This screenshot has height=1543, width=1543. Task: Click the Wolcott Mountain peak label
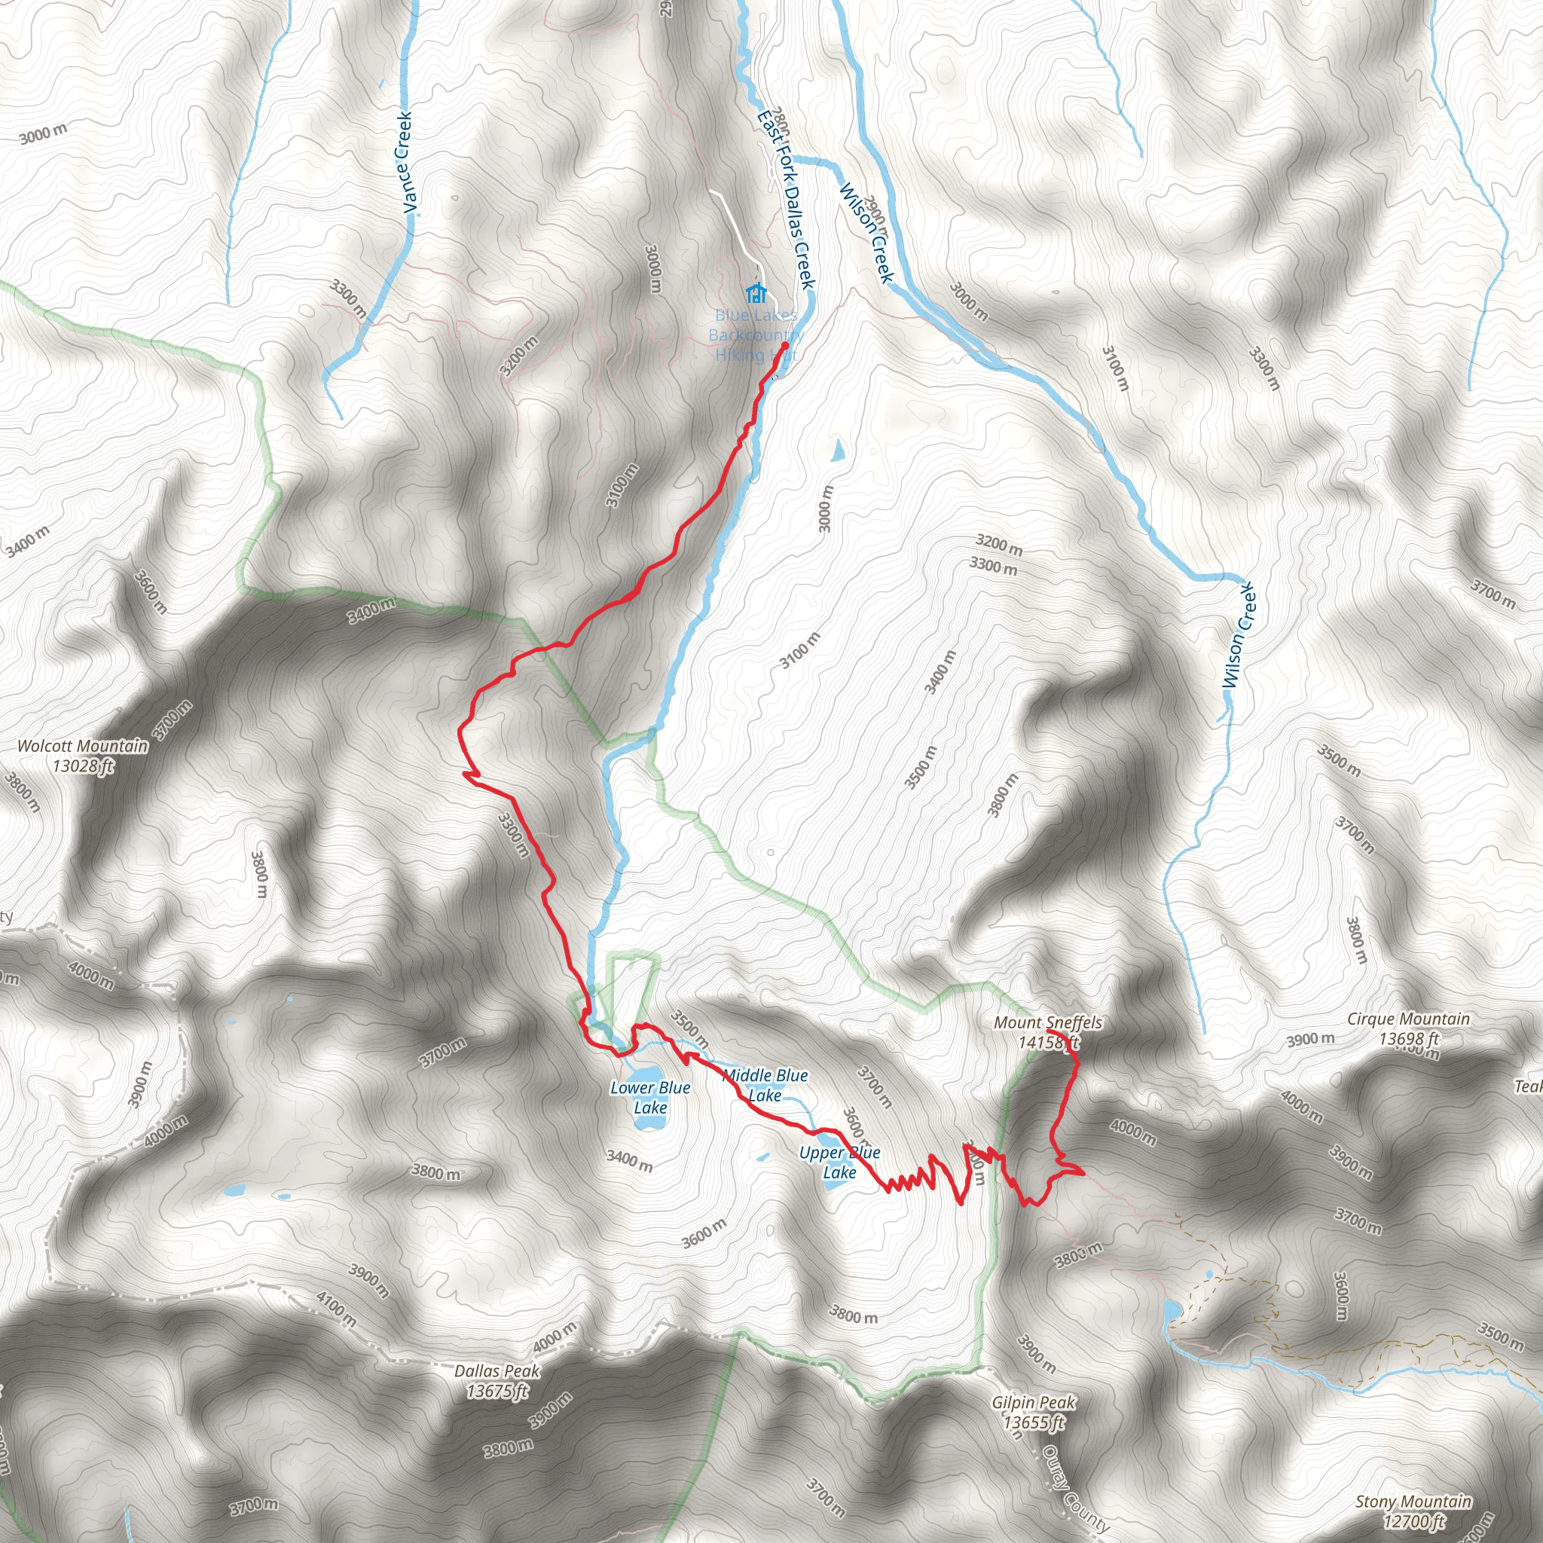[83, 746]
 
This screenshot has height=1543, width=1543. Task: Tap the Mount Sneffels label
[1048, 1022]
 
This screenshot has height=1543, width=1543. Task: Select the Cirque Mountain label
[1408, 1019]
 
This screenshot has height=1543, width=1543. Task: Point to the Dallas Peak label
[497, 1371]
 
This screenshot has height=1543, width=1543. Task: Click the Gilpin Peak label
[1034, 1402]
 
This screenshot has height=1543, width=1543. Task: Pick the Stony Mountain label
[1413, 1502]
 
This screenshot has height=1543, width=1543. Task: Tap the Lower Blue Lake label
[650, 1097]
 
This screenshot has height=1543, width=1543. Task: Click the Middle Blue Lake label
[765, 1086]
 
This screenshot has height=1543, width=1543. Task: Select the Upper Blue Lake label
[839, 1162]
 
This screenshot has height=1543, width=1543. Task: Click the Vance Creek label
[407, 163]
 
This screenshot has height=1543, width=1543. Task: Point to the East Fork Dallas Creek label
[786, 200]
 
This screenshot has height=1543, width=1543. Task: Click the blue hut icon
[756, 292]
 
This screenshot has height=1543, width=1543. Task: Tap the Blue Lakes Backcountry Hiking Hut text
[755, 335]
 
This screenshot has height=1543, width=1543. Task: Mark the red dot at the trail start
[785, 346]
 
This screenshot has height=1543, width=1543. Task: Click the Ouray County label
[1075, 1490]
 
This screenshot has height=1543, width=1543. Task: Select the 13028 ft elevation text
[83, 766]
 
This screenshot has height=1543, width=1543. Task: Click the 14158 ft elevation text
[1048, 1041]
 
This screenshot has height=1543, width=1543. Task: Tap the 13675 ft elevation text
[497, 1392]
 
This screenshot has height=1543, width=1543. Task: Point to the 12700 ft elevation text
[1413, 1521]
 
